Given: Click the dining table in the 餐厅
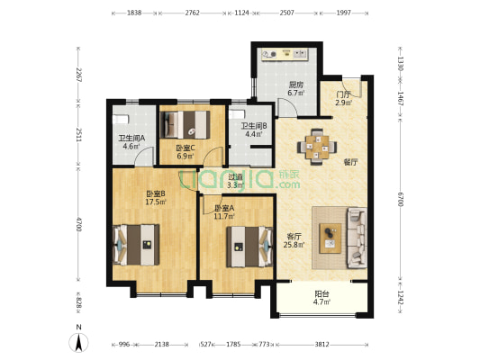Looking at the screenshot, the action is tap(317, 147).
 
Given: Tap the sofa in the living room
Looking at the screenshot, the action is tap(357, 238).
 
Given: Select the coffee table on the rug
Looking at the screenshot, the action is tap(331, 238).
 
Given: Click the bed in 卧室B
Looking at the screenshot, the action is tap(136, 245).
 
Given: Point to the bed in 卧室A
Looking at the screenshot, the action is tap(249, 247).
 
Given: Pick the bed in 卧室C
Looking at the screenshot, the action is tap(185, 125).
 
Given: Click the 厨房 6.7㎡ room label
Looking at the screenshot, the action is tap(296, 89).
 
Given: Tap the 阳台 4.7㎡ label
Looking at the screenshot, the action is tap(322, 298).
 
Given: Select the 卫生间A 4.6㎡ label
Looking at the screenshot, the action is tap(131, 142).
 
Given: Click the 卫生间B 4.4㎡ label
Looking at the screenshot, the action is tap(254, 130).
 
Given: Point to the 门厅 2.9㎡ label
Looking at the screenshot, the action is tap(343, 98).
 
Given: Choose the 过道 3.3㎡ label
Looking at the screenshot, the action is tap(235, 181).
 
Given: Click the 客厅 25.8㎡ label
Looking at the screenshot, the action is tap(294, 240).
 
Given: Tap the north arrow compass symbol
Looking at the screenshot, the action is tap(78, 339).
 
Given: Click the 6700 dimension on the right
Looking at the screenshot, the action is tap(400, 200).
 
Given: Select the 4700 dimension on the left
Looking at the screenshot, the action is tap(79, 224).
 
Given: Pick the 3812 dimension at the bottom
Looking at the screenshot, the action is tap(322, 345).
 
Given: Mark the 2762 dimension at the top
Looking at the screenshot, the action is tap(192, 13).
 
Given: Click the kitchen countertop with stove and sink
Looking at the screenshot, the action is tap(285, 54).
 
